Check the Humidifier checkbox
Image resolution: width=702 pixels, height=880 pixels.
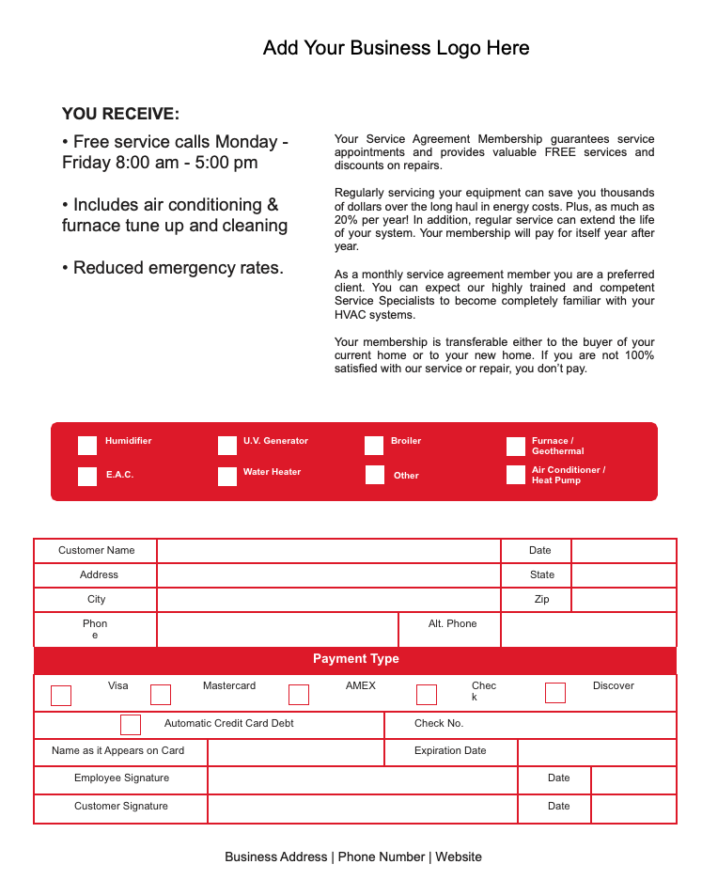87,446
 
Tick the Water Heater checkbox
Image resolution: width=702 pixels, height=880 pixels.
227,477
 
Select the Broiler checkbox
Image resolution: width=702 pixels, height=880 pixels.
374,446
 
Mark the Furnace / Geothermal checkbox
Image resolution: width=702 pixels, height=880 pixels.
516,447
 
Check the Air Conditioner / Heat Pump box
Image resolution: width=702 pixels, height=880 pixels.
516,475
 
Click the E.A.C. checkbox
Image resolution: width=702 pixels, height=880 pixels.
87,477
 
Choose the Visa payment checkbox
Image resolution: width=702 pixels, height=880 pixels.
61,696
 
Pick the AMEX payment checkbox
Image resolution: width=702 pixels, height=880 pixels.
299,695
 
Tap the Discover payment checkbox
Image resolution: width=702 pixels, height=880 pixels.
555,693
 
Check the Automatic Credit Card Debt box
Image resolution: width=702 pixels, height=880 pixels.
131,725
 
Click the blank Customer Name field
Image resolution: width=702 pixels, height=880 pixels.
328,551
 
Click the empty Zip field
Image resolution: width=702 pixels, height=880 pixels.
623,600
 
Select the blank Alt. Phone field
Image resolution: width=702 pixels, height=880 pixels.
587,629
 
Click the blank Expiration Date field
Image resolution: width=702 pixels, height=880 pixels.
596,752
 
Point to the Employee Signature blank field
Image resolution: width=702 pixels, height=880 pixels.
362,779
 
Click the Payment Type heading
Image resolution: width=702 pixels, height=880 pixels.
355,659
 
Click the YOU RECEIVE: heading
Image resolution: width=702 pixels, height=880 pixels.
120,114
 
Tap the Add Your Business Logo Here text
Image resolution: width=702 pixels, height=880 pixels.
396,48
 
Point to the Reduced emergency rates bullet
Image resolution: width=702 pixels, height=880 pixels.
173,268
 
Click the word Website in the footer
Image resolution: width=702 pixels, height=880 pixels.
459,856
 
